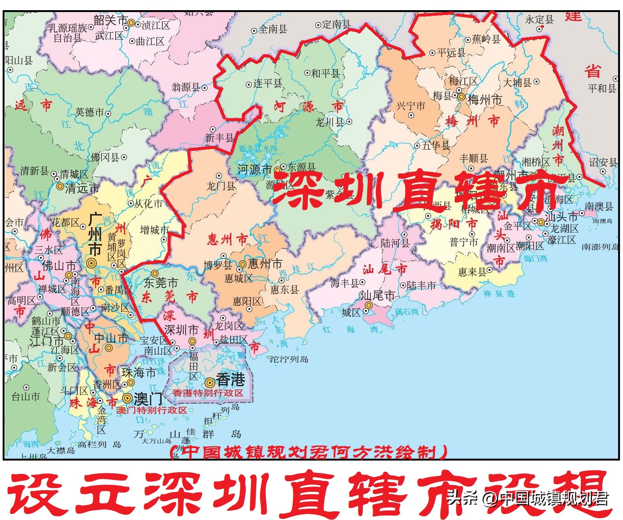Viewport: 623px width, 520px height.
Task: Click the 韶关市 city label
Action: [x=110, y=21]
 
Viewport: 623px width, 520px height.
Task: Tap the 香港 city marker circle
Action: [x=210, y=383]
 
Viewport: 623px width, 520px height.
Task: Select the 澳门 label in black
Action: [x=148, y=399]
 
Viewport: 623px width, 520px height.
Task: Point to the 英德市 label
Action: [x=90, y=112]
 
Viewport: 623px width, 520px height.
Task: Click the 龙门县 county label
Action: [x=221, y=185]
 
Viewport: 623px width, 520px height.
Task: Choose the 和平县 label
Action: [x=325, y=73]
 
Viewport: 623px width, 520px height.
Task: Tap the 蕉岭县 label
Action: [x=486, y=39]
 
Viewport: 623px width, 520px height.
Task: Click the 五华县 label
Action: [x=436, y=146]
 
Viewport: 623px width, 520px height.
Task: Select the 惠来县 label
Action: [x=472, y=272]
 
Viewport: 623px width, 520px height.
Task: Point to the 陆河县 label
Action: [x=395, y=243]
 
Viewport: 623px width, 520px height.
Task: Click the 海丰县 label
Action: [x=344, y=283]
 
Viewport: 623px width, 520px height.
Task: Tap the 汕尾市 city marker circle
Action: [x=369, y=306]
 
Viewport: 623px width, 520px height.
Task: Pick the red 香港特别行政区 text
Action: [x=208, y=393]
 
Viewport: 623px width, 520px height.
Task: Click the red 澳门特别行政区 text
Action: [x=151, y=410]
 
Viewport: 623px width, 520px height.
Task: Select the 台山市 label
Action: [x=25, y=397]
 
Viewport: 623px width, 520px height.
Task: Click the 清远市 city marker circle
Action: [x=60, y=186]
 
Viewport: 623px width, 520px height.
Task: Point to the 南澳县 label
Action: [x=599, y=206]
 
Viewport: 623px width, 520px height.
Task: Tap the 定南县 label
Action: [x=336, y=25]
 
